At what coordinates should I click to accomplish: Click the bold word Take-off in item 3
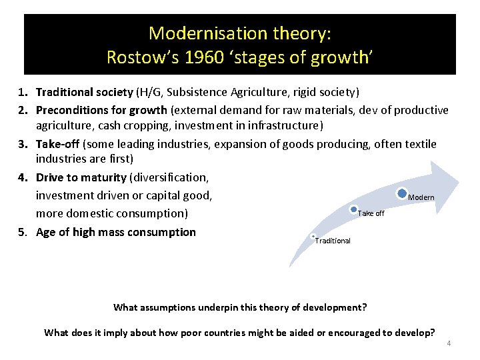point(58,144)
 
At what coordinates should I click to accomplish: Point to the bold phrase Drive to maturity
point(81,177)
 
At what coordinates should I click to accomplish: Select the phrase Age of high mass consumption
point(116,232)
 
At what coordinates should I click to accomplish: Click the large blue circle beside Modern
point(402,194)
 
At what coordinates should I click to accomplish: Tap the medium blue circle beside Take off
point(354,211)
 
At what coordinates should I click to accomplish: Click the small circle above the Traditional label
point(313,236)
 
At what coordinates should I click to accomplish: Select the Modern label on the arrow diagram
point(421,197)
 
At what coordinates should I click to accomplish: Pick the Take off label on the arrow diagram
point(371,214)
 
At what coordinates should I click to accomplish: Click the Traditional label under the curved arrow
point(333,241)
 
